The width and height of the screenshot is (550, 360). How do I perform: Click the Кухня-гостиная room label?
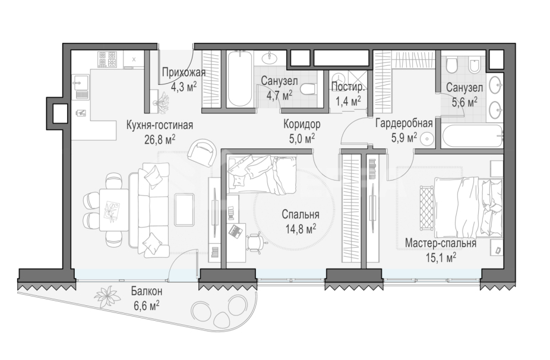click(160, 125)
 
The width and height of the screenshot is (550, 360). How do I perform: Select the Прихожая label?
click(184, 73)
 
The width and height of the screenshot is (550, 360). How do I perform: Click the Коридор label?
click(301, 125)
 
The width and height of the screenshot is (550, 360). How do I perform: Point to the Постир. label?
click(345, 88)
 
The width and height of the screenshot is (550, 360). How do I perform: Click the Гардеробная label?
click(403, 124)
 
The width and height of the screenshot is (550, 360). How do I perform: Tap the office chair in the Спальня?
click(255, 241)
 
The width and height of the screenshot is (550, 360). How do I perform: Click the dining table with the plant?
click(111, 209)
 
